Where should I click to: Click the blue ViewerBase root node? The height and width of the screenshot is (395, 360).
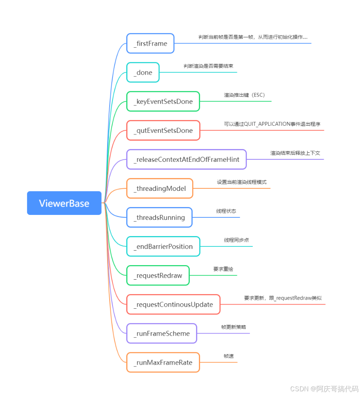click(x=64, y=203)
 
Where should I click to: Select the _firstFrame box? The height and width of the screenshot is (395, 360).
click(x=150, y=44)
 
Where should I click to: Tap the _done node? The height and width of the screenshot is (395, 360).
click(x=143, y=73)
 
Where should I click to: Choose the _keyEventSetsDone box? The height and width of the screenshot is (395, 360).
click(x=163, y=102)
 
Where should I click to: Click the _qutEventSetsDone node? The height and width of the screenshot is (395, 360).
click(x=163, y=131)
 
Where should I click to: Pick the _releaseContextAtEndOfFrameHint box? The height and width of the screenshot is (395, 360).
click(x=186, y=159)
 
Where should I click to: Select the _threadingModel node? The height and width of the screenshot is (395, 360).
click(x=159, y=188)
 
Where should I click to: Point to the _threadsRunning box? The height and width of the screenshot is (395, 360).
click(x=159, y=217)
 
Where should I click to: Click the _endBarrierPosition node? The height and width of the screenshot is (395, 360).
click(x=163, y=246)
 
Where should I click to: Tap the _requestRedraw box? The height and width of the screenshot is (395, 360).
click(x=158, y=276)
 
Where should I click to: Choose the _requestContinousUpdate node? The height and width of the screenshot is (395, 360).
click(x=173, y=305)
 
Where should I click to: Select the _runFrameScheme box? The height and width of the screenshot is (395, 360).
click(x=162, y=334)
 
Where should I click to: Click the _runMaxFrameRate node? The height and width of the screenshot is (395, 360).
click(x=163, y=363)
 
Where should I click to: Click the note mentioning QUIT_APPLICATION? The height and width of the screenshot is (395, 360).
click(x=272, y=124)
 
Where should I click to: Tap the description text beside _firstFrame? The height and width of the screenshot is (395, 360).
click(x=253, y=37)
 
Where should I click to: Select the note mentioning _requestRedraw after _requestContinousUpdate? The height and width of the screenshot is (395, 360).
click(x=283, y=298)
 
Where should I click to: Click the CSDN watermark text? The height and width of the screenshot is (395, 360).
click(x=324, y=389)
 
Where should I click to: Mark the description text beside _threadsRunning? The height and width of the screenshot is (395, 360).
click(x=226, y=211)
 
